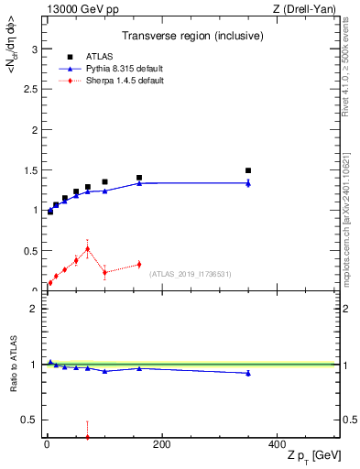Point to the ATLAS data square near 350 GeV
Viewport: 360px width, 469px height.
(248, 170)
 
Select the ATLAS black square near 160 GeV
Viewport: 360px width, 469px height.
(139, 178)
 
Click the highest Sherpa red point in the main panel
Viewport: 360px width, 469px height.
(87, 248)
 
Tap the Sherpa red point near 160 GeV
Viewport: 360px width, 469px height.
(139, 264)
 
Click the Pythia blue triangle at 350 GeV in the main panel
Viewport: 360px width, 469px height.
(248, 183)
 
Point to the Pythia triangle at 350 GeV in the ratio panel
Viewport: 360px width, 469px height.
(248, 373)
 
